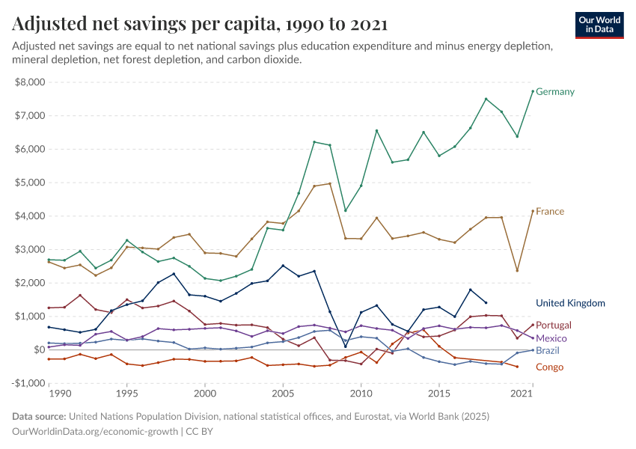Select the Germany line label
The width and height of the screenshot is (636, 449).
pyautogui.click(x=554, y=92)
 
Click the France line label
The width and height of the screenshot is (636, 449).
pyautogui.click(x=549, y=212)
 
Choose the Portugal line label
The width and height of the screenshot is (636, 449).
pyautogui.click(x=554, y=326)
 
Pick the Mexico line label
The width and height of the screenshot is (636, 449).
pyautogui.click(x=551, y=338)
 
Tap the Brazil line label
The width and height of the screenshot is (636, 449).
pyautogui.click(x=548, y=350)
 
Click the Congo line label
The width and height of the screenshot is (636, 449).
pyautogui.click(x=549, y=367)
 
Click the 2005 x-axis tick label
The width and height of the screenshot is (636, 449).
pyautogui.click(x=283, y=394)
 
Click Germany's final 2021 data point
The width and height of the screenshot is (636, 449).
pyautogui.click(x=532, y=91)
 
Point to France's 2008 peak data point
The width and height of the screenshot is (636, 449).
pyautogui.click(x=330, y=183)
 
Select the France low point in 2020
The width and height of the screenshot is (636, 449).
pyautogui.click(x=517, y=270)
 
